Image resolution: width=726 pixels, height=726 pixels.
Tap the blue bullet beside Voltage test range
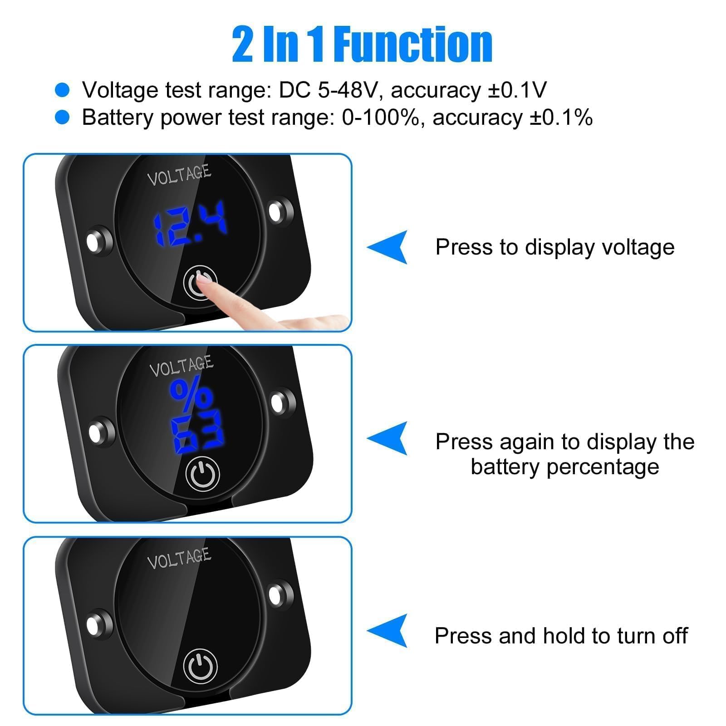click(62, 90)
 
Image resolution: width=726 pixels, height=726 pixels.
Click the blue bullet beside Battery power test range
click(62, 118)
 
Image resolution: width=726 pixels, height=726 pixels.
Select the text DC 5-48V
click(327, 90)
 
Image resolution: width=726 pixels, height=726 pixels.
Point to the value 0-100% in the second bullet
click(380, 118)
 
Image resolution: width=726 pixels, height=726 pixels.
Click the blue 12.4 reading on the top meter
click(190, 224)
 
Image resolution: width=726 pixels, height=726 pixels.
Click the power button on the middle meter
click(203, 474)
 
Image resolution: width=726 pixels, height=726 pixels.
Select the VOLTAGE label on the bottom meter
click(179, 559)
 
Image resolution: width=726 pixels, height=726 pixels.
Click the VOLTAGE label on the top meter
click(179, 175)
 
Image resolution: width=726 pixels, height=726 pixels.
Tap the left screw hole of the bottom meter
click(94, 626)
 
